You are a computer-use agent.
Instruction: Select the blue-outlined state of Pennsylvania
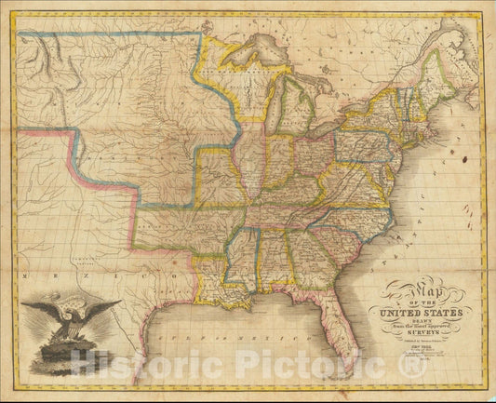[x=362, y=134]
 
